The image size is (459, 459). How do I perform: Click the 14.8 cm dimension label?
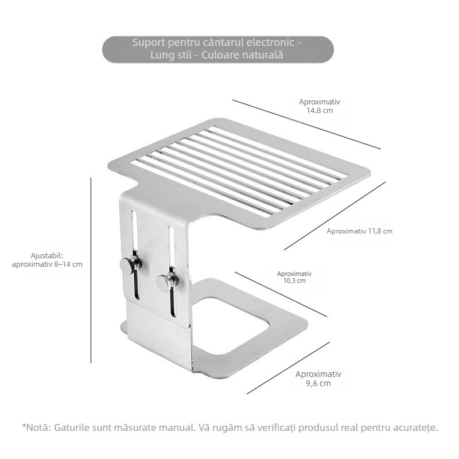coord(320,106)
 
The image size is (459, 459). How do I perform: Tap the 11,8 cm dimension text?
coord(360,231)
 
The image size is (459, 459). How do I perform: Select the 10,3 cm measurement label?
coord(294,277)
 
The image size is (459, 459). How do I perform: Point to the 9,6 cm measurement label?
coord(318,379)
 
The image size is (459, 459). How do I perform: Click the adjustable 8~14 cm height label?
coord(47,260)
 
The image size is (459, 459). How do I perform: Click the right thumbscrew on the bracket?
coord(167,282)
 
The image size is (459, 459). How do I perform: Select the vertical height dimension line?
coord(91,270)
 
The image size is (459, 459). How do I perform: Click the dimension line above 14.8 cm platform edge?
coord(306,125)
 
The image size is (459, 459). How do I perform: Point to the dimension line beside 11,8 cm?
coord(334,216)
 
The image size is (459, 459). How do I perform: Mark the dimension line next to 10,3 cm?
coord(281,294)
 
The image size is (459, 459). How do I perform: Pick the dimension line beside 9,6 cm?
coord(289,368)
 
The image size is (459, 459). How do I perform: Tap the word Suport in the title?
coord(149,42)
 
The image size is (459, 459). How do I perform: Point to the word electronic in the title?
coord(270,42)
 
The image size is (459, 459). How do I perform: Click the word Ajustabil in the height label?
coord(46,256)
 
